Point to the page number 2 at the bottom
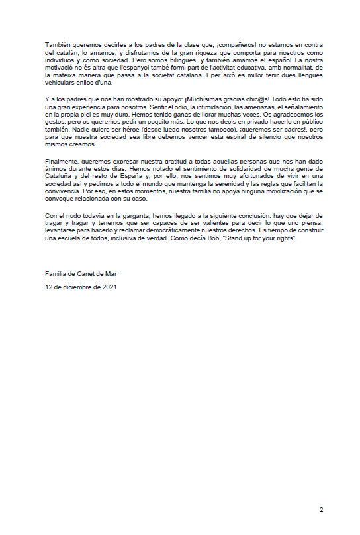(x=322, y=510)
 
